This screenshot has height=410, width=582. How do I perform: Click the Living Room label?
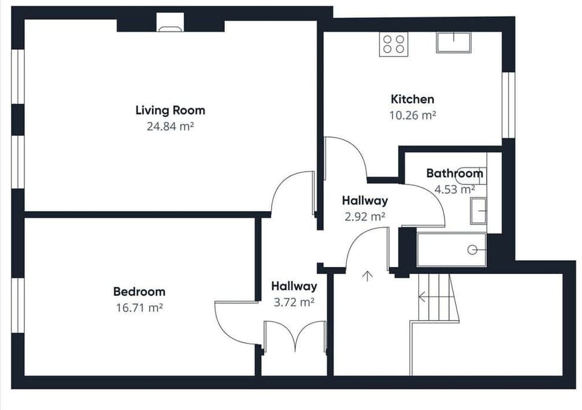pos(170,110)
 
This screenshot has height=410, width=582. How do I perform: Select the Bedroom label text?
pos(139,292)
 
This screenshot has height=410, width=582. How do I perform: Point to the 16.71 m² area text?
pos(139,307)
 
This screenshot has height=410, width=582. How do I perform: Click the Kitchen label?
pos(412,99)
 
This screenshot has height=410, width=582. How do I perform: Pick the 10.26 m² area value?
pos(412,115)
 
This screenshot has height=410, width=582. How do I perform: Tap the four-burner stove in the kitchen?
pos(392,44)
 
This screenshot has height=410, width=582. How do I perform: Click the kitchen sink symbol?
pos(453,42)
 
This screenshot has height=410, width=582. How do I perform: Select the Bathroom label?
pos(455,173)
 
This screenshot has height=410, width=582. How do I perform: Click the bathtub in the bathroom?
pos(452,249)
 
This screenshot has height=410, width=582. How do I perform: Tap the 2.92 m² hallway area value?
pos(364,216)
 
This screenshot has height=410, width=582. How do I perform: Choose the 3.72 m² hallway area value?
pos(293,302)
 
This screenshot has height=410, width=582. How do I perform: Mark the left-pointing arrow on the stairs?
pos(423,297)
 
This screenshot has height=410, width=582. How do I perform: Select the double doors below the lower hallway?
pos(295,337)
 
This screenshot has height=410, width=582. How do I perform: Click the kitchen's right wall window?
pos(508,105)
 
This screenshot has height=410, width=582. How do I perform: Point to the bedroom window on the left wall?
pos(18,305)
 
